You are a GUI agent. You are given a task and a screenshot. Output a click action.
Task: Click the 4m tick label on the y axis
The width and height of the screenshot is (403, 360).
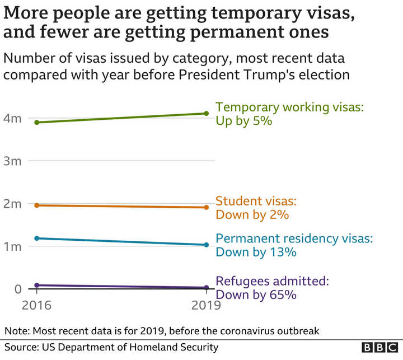tap(13, 119)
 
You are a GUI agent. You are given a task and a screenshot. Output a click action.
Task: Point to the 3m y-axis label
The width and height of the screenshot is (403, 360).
tap(13, 161)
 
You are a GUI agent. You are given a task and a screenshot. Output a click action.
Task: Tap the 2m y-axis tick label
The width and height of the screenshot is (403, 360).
tap(13, 204)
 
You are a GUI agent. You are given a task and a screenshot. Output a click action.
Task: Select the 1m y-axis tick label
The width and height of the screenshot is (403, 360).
tap(13, 246)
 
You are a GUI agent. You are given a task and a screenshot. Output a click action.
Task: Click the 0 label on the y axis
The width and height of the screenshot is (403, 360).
tap(17, 289)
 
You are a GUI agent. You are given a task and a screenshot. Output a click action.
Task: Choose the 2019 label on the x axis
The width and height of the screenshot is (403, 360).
tap(206, 306)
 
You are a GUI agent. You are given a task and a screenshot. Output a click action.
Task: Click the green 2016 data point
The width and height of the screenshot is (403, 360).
tap(37, 122)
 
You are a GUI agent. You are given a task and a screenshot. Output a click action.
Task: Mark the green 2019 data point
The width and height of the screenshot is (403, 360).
tap(207, 114)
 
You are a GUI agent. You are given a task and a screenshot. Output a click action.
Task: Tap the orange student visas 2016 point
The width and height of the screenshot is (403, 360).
tap(37, 205)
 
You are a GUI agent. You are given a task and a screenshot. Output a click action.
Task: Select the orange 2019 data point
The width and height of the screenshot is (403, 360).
tap(207, 208)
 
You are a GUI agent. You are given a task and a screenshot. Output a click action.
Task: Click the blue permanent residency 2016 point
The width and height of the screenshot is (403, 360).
tap(37, 239)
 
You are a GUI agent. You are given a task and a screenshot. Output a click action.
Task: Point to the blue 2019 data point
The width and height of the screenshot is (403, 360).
tap(207, 245)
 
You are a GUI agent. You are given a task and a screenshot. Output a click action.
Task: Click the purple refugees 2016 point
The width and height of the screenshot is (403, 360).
tap(37, 286)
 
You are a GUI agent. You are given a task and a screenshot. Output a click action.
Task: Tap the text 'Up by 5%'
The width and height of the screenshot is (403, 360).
tap(243, 120)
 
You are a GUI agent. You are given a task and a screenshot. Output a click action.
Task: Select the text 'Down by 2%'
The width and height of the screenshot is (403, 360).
tap(252, 214)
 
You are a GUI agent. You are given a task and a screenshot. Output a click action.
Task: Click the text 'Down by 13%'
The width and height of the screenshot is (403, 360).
tap(256, 252)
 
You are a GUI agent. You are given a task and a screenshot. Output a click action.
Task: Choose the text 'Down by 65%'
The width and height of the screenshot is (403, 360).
tap(256, 294)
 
